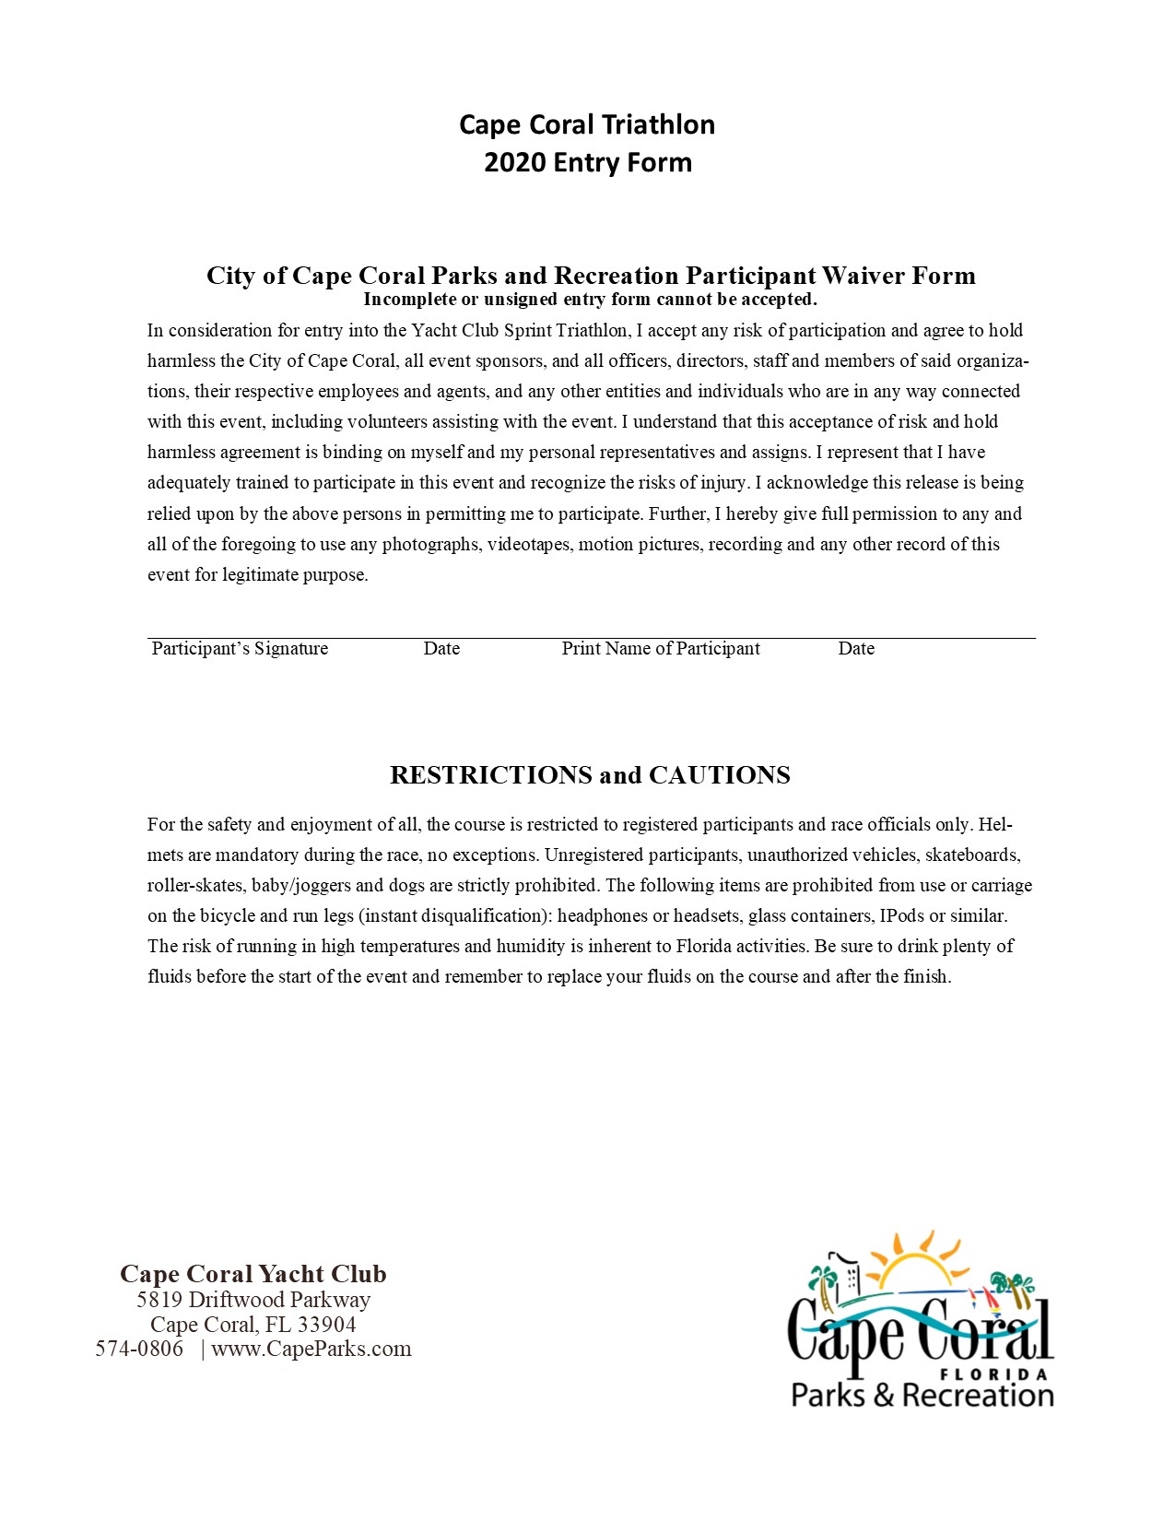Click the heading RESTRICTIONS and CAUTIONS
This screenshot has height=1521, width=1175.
(590, 775)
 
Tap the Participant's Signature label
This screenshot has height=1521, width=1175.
(240, 649)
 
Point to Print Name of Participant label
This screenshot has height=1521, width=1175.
(661, 649)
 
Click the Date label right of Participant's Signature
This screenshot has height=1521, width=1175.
(441, 649)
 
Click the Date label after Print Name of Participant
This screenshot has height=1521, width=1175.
(856, 649)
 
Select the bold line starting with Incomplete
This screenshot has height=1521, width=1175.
(590, 300)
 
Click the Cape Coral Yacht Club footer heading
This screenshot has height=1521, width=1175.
(253, 1275)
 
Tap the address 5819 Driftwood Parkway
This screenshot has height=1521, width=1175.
(253, 1301)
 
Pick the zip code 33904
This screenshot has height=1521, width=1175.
(326, 1326)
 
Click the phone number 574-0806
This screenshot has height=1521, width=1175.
(140, 1350)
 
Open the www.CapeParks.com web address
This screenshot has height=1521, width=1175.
(311, 1350)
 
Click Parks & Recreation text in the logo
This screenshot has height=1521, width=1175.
(922, 1396)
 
